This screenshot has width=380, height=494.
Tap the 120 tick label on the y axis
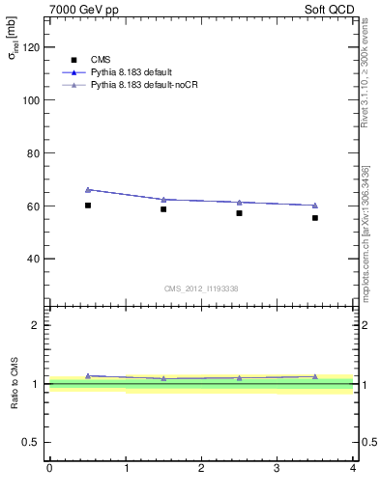[32, 47]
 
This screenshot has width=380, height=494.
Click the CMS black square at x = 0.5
[87, 206]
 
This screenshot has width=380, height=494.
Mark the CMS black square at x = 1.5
[163, 209]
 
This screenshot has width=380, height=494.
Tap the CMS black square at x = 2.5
[239, 213]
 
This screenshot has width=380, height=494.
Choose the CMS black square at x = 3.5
[315, 218]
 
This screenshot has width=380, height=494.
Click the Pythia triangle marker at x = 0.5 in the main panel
[87, 190]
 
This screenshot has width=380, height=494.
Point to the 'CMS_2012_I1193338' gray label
[200, 288]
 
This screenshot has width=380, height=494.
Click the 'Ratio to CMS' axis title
[15, 383]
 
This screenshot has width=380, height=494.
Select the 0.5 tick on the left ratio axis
[34, 442]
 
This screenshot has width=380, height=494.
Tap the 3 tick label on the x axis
[278, 468]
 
